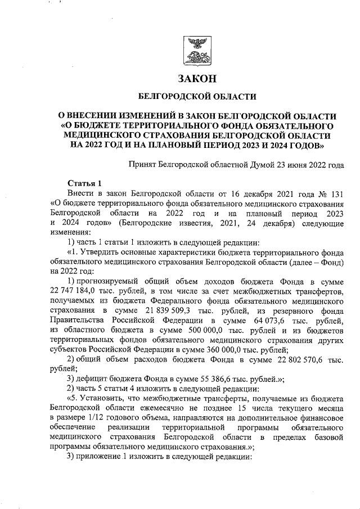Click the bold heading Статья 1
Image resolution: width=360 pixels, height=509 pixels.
pyautogui.click(x=84, y=183)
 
